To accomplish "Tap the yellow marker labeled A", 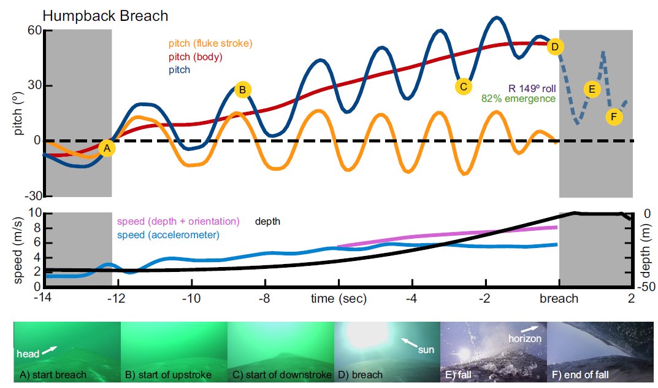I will click(x=107, y=148).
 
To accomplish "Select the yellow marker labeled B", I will click(x=242, y=90).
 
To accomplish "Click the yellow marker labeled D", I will click(x=555, y=46).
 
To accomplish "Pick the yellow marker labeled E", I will click(x=592, y=89).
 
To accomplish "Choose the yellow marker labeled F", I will click(x=614, y=116).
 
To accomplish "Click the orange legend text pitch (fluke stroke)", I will click(x=205, y=44).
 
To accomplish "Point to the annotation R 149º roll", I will click(x=531, y=88).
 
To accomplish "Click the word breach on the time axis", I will click(x=559, y=299).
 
